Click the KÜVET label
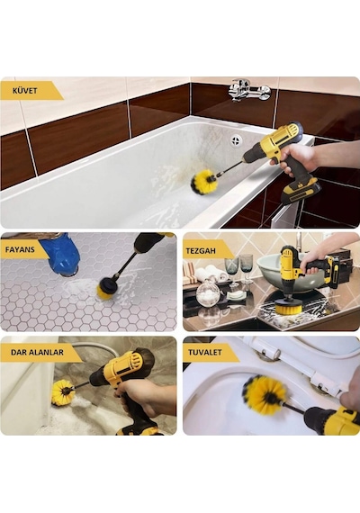25,91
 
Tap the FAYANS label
20,249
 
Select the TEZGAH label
201,251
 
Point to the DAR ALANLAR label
37,353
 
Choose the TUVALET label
205,353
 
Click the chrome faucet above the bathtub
249,90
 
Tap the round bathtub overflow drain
236,140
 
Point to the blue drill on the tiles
62,252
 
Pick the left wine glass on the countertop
231,269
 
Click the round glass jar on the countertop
208,292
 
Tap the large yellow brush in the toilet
265,393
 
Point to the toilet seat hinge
270,355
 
